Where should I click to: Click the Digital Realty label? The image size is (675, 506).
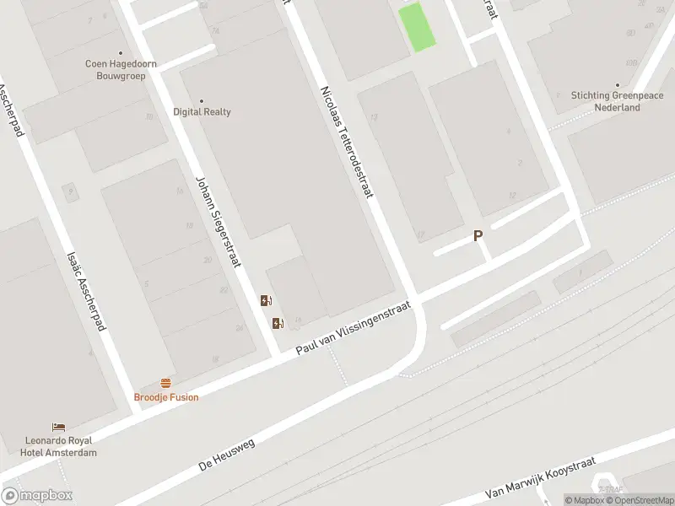tap(202, 111)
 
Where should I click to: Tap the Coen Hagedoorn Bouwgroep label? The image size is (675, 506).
tap(121, 68)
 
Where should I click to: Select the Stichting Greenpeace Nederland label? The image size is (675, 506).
tap(617, 101)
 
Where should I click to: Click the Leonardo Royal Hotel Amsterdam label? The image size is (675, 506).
tap(61, 446)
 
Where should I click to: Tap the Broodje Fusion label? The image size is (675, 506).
tap(166, 396)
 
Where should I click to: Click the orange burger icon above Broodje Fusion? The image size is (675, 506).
tap(166, 383)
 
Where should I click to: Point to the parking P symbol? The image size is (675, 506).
tap(478, 237)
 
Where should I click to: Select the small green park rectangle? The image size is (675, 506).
tap(416, 26)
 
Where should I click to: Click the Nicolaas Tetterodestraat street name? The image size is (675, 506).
tap(346, 141)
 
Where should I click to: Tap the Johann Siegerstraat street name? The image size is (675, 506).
tap(219, 221)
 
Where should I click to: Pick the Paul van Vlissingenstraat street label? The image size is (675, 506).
tap(353, 329)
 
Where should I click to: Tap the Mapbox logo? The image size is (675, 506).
tap(36, 496)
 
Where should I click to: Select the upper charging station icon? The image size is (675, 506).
tap(266, 300)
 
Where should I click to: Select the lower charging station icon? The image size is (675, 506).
tap(277, 322)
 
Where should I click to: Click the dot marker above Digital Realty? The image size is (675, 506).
tap(201, 100)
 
